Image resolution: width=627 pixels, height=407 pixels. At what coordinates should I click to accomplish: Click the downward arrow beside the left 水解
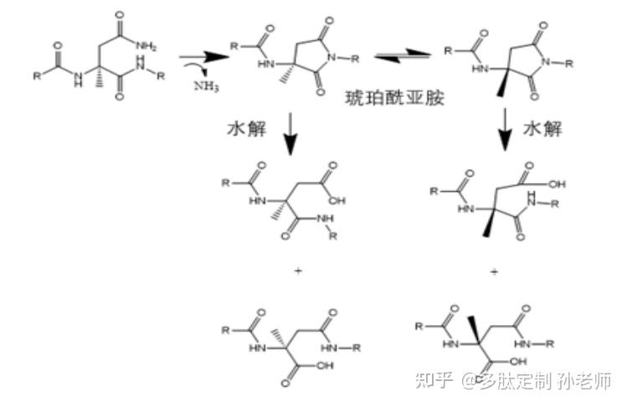click(x=290, y=133)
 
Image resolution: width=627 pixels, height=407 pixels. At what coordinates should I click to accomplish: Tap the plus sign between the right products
click(x=494, y=272)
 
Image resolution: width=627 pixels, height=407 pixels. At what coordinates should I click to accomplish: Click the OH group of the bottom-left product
click(x=325, y=366)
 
